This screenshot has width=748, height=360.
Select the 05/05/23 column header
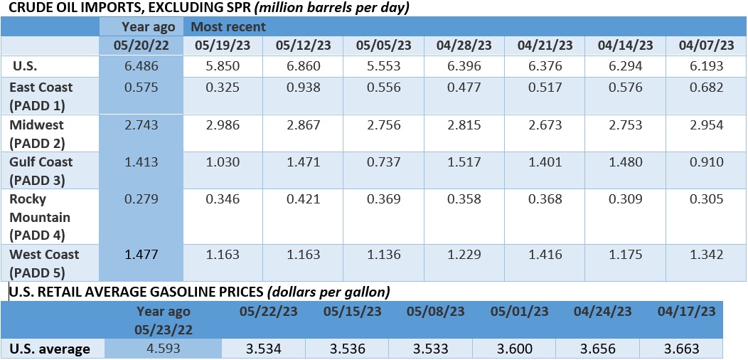coord(383,46)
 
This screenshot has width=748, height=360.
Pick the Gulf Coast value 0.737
coord(384,162)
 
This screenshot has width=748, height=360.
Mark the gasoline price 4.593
coord(163,349)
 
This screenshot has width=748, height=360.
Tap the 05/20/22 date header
coord(141,46)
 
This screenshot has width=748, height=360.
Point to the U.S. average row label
coord(50,349)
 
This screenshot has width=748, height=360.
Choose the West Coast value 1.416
coord(545,255)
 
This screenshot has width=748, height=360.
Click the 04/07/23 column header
coord(706,46)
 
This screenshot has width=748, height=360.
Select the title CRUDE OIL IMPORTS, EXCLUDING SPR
coord(126,8)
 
